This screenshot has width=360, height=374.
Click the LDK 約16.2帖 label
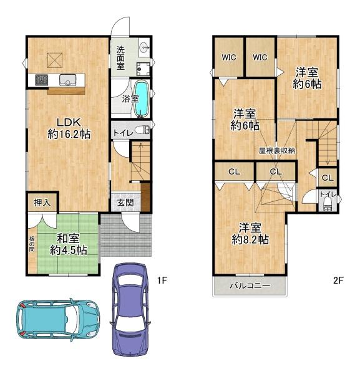pyautogui.click(x=69, y=128)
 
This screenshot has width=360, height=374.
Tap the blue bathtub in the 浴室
pyautogui.click(x=142, y=99)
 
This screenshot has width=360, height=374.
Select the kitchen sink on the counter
pyautogui.click(x=68, y=80)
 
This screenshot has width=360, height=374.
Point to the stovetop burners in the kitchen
pyautogui.click(x=42, y=80)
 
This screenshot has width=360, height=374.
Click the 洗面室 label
pyautogui.click(x=120, y=58)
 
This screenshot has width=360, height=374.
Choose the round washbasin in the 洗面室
pyautogui.click(x=144, y=46)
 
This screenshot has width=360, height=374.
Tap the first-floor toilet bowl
pyautogui.click(x=142, y=130)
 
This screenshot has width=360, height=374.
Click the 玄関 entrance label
pyautogui.click(x=125, y=203)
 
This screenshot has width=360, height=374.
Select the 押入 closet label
pyautogui.click(x=42, y=203)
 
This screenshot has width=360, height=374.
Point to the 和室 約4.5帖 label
pyautogui.click(x=68, y=244)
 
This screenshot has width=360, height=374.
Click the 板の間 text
pyautogui.click(x=32, y=244)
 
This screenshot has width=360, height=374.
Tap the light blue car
pyautogui.click(x=58, y=320)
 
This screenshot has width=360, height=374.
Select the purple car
pyautogui.click(x=130, y=310)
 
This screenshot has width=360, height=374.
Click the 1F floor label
pyautogui.click(x=162, y=280)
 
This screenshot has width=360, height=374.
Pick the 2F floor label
pyautogui.click(x=338, y=280)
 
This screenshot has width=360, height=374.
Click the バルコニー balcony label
pyautogui.click(x=250, y=285)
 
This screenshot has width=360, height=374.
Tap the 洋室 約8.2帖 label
pyautogui.click(x=250, y=234)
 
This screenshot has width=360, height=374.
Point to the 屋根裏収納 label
pyautogui.click(x=277, y=151)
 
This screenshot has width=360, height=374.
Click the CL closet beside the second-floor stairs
pyautogui.click(x=328, y=178)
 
